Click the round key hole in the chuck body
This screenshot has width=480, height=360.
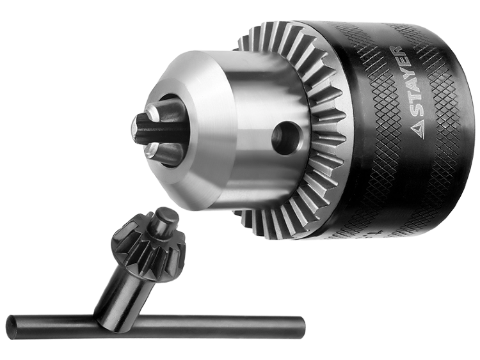[x=286, y=137]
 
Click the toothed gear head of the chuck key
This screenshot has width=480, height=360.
[x=148, y=246]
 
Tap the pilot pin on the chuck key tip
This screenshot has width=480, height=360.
[x=165, y=220]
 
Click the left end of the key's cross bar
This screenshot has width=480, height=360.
[x=12, y=326]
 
